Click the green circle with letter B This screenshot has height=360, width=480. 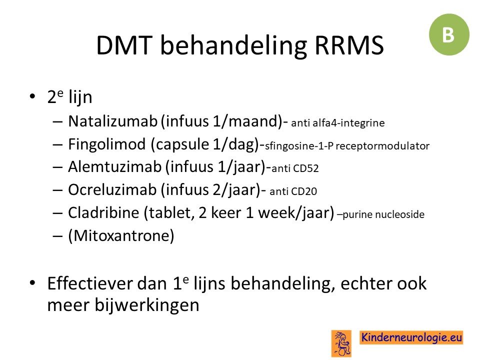[449, 34]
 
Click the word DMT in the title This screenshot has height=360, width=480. [124, 45]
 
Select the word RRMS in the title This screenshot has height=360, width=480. [349, 45]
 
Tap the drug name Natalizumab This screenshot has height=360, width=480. [112, 121]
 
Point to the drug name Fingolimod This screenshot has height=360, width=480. [107, 144]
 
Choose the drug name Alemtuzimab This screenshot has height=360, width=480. [115, 167]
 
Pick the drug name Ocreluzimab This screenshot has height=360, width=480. [112, 190]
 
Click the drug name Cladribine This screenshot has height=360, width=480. [103, 212]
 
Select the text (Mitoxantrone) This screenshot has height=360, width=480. [121, 235]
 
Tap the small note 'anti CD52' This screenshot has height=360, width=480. [295, 168]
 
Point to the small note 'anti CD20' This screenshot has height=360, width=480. [293, 191]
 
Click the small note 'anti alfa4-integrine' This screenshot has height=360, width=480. [338, 123]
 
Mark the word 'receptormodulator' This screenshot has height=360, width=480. [382, 145]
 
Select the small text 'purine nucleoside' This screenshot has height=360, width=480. [383, 214]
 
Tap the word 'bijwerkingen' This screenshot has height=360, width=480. [147, 305]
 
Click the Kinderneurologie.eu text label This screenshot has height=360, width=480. [411, 337]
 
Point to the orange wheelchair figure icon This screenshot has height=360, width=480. [341, 343]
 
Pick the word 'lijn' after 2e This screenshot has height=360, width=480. [80, 97]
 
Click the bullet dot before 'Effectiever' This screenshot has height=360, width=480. [32, 282]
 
